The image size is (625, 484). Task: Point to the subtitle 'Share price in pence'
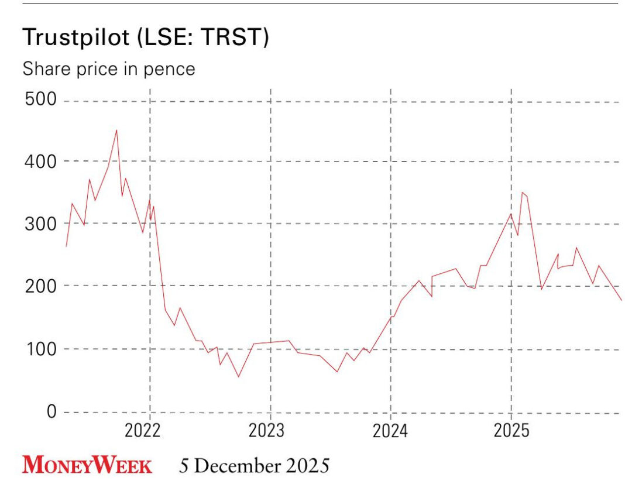pos(108,69)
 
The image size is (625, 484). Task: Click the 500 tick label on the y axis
pos(40,99)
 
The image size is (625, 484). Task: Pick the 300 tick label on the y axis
pos(40,224)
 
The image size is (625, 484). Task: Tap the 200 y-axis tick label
pos(40,286)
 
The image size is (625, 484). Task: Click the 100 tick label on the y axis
pos(40,349)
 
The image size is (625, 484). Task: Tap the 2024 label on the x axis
pos(390,431)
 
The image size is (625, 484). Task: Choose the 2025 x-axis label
pos(511,431)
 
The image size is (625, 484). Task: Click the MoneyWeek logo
pos(87,466)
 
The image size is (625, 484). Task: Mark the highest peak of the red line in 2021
pos(116,131)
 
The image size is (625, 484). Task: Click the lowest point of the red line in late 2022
pos(238,376)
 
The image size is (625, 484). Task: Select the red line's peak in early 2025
pos(522,193)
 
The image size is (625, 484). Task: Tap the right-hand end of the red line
pos(621,300)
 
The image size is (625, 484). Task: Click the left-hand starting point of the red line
pos(66,246)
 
